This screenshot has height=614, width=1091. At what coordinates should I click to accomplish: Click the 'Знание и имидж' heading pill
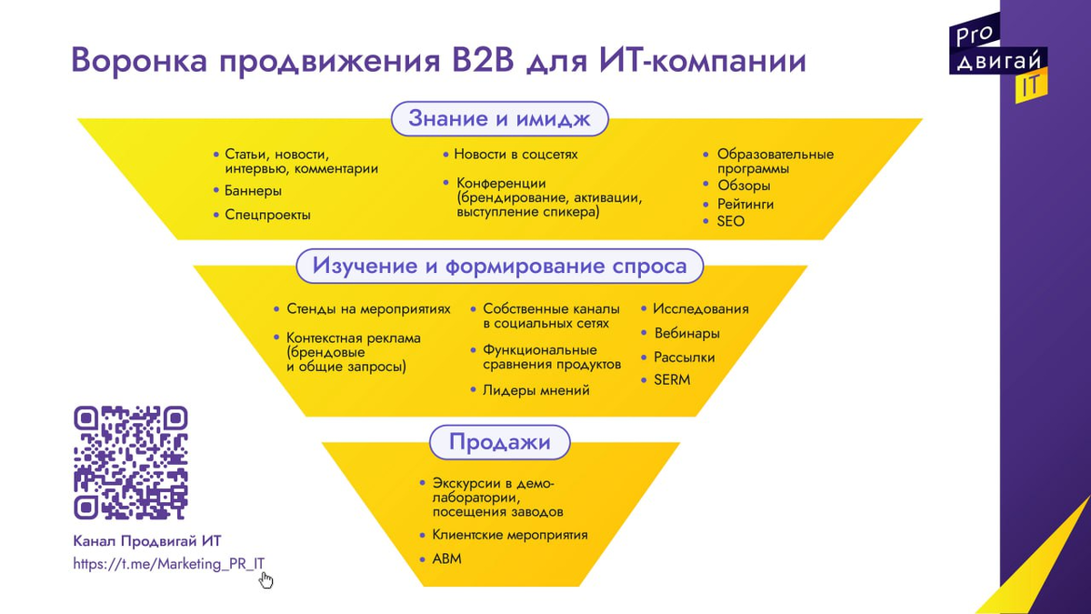point(499,118)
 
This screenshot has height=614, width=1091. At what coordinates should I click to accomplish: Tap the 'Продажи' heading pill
point(499,443)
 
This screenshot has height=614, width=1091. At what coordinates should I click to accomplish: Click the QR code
point(131,462)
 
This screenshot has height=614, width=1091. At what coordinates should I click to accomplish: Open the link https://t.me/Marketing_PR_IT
point(169,563)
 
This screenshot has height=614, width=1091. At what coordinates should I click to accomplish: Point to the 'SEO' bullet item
point(730,221)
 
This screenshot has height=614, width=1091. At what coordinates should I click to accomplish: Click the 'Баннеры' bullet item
point(253,191)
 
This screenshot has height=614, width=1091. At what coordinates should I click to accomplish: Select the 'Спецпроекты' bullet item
point(267,216)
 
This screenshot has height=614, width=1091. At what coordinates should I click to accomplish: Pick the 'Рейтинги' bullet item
point(746,204)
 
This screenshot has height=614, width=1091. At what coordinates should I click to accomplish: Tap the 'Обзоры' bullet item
point(743,186)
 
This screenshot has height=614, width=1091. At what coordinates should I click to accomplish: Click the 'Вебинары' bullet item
point(686,333)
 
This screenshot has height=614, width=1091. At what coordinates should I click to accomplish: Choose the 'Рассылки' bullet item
point(684,357)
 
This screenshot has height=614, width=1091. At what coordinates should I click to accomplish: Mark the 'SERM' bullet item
point(672,379)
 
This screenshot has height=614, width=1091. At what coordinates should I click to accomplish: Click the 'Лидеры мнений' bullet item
point(535,390)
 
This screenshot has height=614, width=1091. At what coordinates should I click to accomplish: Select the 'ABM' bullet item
point(446,559)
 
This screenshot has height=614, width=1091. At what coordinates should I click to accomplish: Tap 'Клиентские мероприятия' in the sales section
point(509,535)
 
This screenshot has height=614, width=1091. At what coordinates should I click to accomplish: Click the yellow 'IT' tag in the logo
point(1031,85)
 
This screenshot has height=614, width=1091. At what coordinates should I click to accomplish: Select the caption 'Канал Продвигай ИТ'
point(146,540)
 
